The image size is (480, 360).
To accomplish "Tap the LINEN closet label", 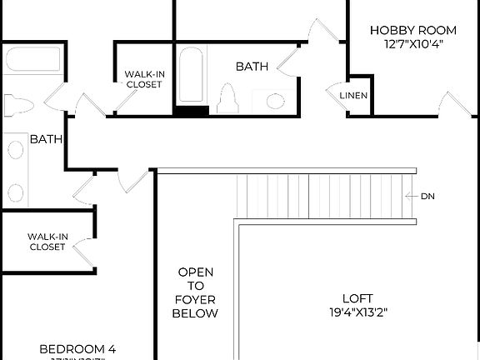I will [x=353, y=96].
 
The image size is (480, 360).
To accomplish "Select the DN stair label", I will [x=427, y=197].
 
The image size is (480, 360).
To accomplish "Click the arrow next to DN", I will [x=411, y=197].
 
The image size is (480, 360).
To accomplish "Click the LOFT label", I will [x=357, y=298].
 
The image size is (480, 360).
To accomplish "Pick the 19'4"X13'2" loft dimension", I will [x=357, y=313].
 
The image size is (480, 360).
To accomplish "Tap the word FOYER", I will [x=195, y=299].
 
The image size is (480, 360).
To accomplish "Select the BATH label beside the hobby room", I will [x=252, y=66].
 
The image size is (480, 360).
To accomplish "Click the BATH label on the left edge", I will [x=46, y=139].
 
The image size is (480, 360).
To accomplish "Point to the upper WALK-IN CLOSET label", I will [x=144, y=79].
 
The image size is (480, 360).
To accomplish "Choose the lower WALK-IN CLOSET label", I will [x=47, y=242].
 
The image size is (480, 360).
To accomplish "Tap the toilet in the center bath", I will [x=227, y=100].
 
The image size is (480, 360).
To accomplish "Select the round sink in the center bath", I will [x=274, y=101].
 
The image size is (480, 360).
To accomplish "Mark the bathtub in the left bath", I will [x=30, y=62].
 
